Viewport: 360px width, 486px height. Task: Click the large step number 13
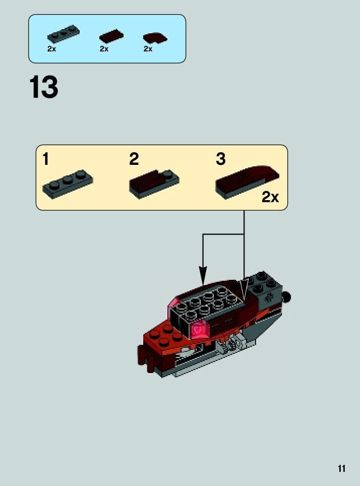pos(44,87)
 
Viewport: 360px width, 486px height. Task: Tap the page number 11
pos(342,469)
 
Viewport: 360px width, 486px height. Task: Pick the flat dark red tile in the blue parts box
pos(111,36)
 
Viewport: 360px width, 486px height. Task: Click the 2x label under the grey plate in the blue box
pos(51,49)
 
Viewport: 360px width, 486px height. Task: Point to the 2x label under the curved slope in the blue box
pos(148,49)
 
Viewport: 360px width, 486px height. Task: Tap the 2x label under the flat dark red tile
pos(104,49)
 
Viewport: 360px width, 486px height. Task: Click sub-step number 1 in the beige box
pos(46,159)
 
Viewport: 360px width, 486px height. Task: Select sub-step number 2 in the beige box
pos(134,159)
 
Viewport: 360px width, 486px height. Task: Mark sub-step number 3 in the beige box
pos(220,159)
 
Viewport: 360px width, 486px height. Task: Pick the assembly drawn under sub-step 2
pos(154,182)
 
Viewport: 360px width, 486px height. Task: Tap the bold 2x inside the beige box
pos(270,197)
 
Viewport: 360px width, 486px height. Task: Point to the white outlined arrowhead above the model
pos(244,290)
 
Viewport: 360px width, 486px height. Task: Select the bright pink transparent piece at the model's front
pos(201,330)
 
